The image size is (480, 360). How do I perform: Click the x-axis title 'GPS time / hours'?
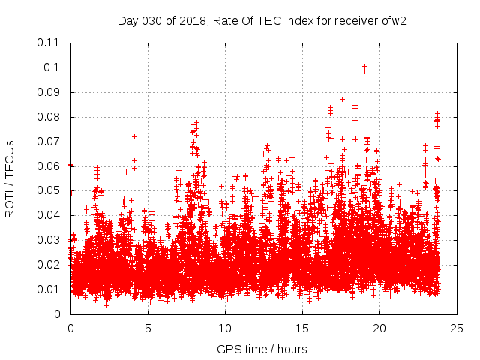tap(262, 349)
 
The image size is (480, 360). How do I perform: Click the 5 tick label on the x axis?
tap(148, 328)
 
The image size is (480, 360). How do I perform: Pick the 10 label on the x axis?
tap(225, 328)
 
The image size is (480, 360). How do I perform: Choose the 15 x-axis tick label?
tap(302, 328)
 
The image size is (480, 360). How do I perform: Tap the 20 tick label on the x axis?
tap(379, 328)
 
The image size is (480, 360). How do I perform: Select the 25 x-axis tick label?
tap(457, 328)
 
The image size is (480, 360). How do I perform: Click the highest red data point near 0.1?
tap(364, 67)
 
